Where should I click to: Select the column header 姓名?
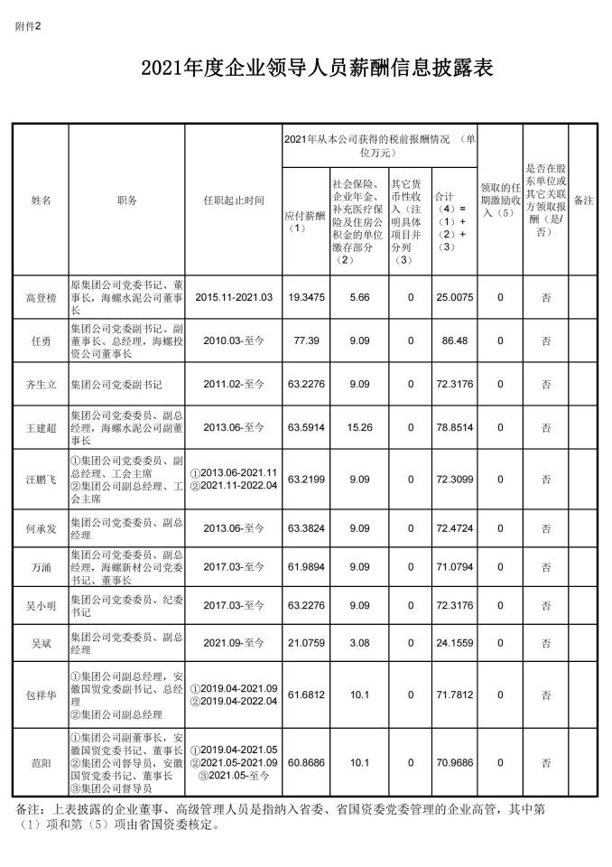[42, 200]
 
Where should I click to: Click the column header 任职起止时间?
[234, 200]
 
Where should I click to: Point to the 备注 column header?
[583, 200]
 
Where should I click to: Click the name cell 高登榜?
[42, 296]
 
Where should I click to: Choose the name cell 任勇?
[42, 340]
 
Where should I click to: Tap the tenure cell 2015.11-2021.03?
[234, 296]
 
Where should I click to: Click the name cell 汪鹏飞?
[42, 480]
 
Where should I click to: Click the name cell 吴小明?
[42, 605]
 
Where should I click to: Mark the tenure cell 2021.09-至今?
[234, 643]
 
